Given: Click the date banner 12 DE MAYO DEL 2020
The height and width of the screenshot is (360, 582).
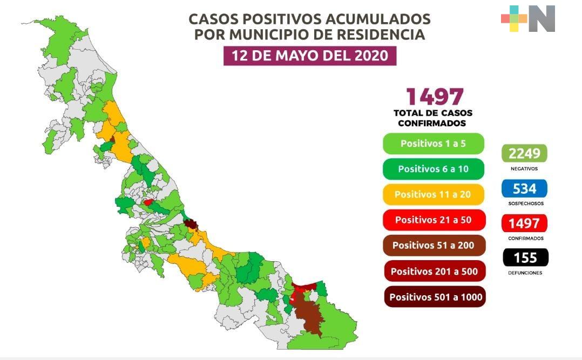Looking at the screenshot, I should (310, 56).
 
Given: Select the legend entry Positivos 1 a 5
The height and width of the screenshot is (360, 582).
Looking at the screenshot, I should (433, 144).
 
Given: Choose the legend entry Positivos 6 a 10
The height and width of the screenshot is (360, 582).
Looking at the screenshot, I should (433, 169).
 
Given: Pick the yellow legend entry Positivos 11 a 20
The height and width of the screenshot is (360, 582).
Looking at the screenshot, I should (433, 194).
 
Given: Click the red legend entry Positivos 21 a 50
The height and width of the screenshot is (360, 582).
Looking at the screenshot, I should (433, 220).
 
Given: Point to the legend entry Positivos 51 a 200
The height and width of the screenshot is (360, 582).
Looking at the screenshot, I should (433, 245).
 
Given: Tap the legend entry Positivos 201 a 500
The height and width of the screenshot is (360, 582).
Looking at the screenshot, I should (434, 271).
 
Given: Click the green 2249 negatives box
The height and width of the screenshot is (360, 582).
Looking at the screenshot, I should (524, 154).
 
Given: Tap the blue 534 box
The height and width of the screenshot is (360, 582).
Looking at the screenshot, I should (524, 188).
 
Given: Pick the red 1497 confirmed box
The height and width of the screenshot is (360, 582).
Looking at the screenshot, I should (524, 223).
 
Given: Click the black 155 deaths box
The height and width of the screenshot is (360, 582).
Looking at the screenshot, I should (524, 257).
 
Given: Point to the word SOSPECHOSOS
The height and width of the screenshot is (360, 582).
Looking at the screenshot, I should (525, 203).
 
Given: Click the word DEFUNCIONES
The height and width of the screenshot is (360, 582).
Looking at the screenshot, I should (525, 273).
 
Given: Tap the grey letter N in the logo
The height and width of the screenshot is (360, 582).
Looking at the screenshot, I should (542, 19).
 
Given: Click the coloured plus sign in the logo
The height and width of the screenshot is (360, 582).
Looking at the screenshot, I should (514, 19).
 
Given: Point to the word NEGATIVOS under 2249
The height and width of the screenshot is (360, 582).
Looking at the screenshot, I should (524, 168).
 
